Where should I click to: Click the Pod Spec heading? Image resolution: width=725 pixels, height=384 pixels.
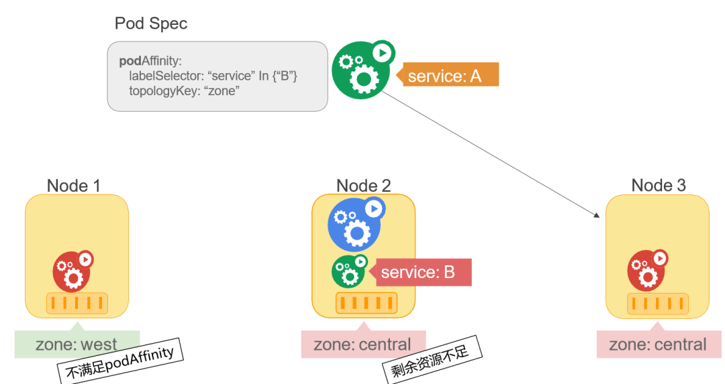pyautogui.click(x=151, y=23)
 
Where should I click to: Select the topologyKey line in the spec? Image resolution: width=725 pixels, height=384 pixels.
pyautogui.click(x=183, y=90)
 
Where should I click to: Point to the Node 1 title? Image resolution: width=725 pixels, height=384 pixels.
pyautogui.click(x=74, y=186)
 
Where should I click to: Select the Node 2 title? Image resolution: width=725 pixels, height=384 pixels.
pyautogui.click(x=363, y=186)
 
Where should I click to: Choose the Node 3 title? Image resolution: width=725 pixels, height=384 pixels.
pyautogui.click(x=659, y=186)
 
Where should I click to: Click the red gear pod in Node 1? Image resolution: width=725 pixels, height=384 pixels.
pyautogui.click(x=72, y=269)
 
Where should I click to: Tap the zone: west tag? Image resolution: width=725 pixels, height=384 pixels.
pyautogui.click(x=77, y=344)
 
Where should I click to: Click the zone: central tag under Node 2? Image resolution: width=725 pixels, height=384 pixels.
pyautogui.click(x=362, y=344)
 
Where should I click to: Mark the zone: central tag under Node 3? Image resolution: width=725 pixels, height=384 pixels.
pyautogui.click(x=658, y=344)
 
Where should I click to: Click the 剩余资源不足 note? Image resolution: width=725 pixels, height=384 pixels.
pyautogui.click(x=432, y=363)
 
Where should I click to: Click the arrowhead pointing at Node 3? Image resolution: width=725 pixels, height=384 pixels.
pyautogui.click(x=597, y=215)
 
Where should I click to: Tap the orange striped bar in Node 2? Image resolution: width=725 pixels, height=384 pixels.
pyautogui.click(x=363, y=304)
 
